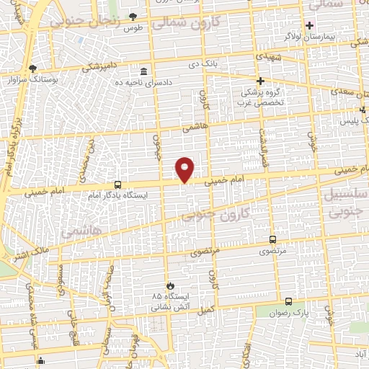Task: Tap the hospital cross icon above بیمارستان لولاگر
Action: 309,25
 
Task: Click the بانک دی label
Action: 204,65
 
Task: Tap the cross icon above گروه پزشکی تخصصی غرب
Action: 261,81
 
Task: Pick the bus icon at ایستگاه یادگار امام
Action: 118,184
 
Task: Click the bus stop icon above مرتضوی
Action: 272,239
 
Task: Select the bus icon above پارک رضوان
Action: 288,301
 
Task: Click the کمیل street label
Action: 207,308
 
